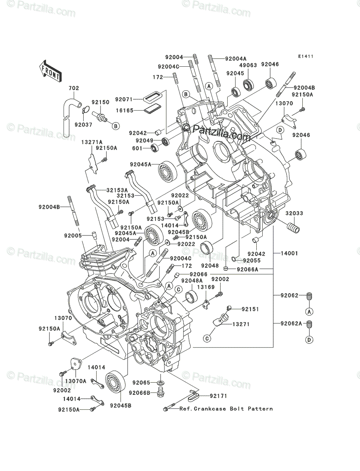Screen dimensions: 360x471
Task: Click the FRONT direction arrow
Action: (x=50, y=71)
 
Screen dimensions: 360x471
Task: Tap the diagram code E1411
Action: (x=306, y=57)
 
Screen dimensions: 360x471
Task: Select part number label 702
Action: (x=74, y=88)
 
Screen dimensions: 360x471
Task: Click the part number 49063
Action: (x=248, y=65)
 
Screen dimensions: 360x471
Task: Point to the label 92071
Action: (x=124, y=99)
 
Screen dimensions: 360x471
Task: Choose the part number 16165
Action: (x=125, y=110)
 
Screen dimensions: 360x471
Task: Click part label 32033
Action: (x=294, y=213)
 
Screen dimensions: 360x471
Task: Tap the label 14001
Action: (x=289, y=254)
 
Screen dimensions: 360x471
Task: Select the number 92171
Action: (x=218, y=396)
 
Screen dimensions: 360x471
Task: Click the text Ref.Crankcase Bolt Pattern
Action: (x=226, y=409)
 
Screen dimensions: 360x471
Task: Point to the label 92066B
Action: (x=140, y=392)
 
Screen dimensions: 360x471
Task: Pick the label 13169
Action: (x=206, y=287)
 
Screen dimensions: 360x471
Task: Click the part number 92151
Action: (x=250, y=309)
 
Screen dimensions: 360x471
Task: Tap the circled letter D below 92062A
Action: (x=309, y=346)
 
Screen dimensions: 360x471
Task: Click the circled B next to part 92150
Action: (x=116, y=126)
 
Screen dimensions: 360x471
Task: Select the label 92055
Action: (x=252, y=261)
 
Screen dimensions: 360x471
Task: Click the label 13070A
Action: (x=76, y=381)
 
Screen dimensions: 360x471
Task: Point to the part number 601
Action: (x=137, y=148)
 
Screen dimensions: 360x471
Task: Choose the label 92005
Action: (x=73, y=235)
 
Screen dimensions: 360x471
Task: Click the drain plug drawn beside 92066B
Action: (x=161, y=393)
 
